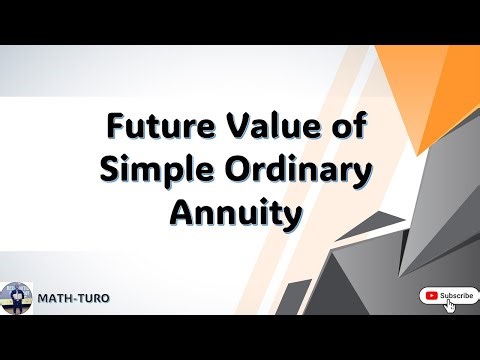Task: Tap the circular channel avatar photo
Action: pos(17,298)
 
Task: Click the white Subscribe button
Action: pos(447,295)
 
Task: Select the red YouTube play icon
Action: pos(429,295)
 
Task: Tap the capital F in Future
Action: pos(117,129)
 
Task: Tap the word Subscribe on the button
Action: pos(456,295)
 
